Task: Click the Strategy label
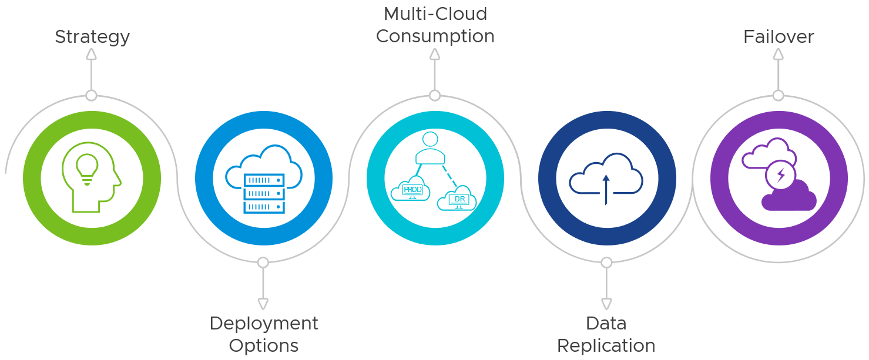click(92, 37)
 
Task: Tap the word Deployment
click(264, 323)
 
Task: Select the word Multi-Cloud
click(435, 14)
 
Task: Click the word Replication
click(606, 345)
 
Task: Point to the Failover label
click(779, 37)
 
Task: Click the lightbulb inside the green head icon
click(87, 167)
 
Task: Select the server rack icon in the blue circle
click(264, 193)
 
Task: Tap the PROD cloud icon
click(411, 189)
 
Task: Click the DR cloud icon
click(457, 199)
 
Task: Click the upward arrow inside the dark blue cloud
click(606, 188)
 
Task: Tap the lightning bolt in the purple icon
click(781, 174)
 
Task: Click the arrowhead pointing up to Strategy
click(91, 54)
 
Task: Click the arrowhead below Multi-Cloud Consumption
click(435, 54)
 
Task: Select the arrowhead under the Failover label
click(779, 54)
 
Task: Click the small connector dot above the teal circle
click(435, 95)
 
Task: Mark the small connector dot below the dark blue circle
click(606, 263)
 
